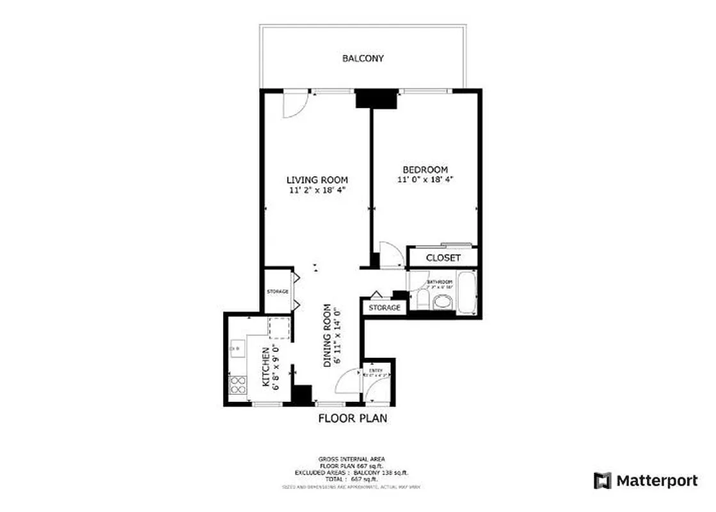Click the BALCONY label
(363, 58)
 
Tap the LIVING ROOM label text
(317, 180)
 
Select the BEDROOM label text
(425, 170)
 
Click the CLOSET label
(443, 258)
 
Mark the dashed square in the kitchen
(279, 328)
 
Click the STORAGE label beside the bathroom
(384, 308)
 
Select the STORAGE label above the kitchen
(278, 292)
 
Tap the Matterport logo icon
(602, 481)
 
